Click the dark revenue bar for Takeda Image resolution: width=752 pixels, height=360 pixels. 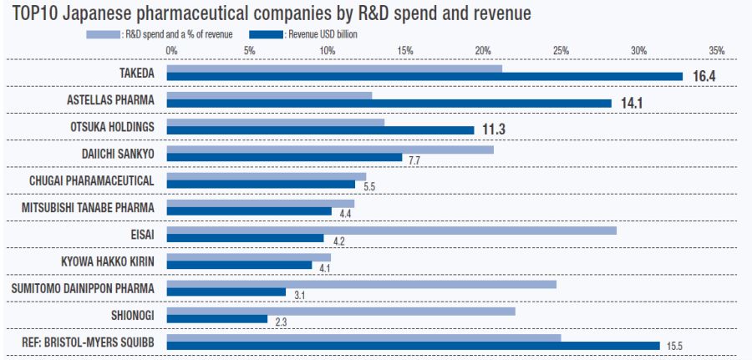[424, 77]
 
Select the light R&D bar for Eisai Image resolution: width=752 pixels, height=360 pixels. [391, 230]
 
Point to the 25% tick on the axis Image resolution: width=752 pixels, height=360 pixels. [561, 51]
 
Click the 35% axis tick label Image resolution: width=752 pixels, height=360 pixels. [716, 51]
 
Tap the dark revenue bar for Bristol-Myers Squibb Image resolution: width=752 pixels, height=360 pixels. [413, 346]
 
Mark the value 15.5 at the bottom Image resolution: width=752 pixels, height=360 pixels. [674, 347]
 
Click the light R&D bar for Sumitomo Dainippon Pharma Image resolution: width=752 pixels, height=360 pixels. [361, 284]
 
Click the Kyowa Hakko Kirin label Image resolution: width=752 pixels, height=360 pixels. [109, 261]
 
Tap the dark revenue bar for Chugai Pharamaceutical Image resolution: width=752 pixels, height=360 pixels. [261, 185]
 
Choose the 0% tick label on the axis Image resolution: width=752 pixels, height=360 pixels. [171, 51]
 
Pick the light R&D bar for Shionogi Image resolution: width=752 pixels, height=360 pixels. [341, 311]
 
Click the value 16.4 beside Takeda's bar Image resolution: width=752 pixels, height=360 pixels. [704, 77]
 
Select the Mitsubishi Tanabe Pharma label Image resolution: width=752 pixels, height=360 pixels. [94, 207]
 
